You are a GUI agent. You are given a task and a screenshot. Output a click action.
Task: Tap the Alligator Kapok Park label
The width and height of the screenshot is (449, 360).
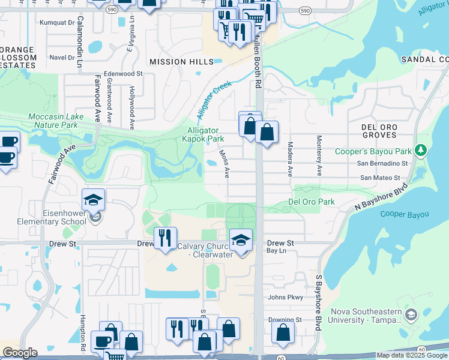pos(203,134)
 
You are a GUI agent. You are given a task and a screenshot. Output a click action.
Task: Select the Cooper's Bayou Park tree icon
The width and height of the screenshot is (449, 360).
pos(421,149)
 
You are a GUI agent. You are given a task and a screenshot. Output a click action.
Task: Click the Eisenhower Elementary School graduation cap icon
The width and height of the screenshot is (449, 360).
pos(94,200)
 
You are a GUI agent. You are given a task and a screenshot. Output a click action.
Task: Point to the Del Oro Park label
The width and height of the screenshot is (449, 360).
pos(312,202)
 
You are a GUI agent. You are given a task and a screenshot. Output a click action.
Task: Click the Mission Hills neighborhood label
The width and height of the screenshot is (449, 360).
pos(181,62)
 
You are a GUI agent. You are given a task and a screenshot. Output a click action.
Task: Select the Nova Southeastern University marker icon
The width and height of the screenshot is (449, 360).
pos(411,314)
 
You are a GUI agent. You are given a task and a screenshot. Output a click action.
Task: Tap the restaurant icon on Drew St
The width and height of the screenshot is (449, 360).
pos(165,238)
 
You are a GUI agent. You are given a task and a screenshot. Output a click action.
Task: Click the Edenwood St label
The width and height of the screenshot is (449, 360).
pos(123,74)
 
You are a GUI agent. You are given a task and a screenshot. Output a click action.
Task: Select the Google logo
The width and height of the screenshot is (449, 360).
pos(20,353)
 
